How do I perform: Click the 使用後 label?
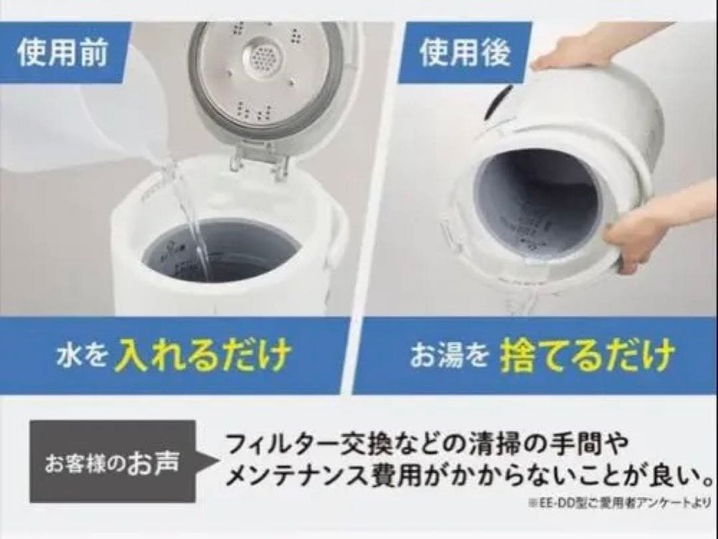pos(465,53)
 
